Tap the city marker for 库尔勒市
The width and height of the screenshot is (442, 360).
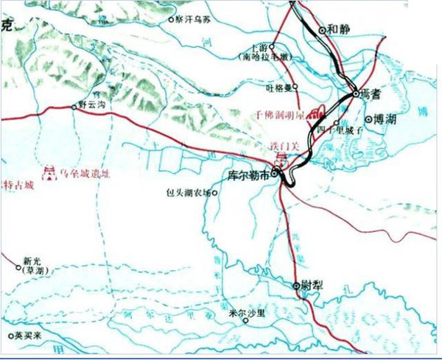275,174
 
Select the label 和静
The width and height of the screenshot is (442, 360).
339,29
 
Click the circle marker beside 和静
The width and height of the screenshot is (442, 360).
323,30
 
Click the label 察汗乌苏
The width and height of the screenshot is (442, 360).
194,21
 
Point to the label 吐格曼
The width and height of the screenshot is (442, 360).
278,87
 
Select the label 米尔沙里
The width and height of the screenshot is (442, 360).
245,312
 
